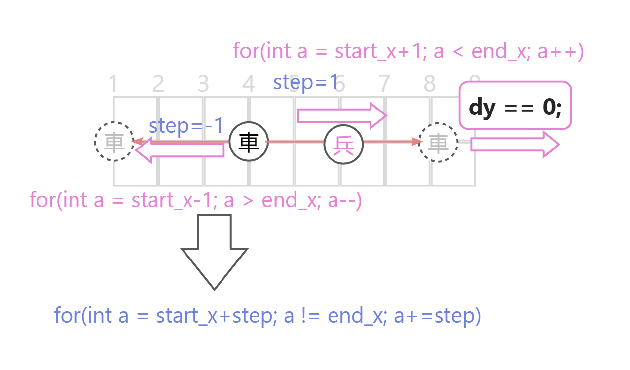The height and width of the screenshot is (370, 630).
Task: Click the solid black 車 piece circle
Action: [x=249, y=142]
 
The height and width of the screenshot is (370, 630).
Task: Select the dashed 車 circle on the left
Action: [x=114, y=142]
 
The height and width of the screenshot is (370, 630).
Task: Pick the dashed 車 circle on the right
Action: [x=438, y=143]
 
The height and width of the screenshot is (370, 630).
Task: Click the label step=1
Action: [x=306, y=82]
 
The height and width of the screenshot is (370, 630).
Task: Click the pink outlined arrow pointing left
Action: [x=180, y=149]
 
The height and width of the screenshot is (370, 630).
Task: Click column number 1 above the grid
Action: [x=113, y=84]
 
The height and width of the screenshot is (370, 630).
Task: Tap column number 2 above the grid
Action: [x=158, y=84]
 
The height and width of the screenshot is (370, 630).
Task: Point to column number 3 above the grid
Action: [x=203, y=84]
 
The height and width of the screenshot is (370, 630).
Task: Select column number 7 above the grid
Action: [x=383, y=84]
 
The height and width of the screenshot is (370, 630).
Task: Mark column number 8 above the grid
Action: [x=429, y=84]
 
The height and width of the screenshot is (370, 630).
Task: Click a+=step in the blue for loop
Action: [x=437, y=315]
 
